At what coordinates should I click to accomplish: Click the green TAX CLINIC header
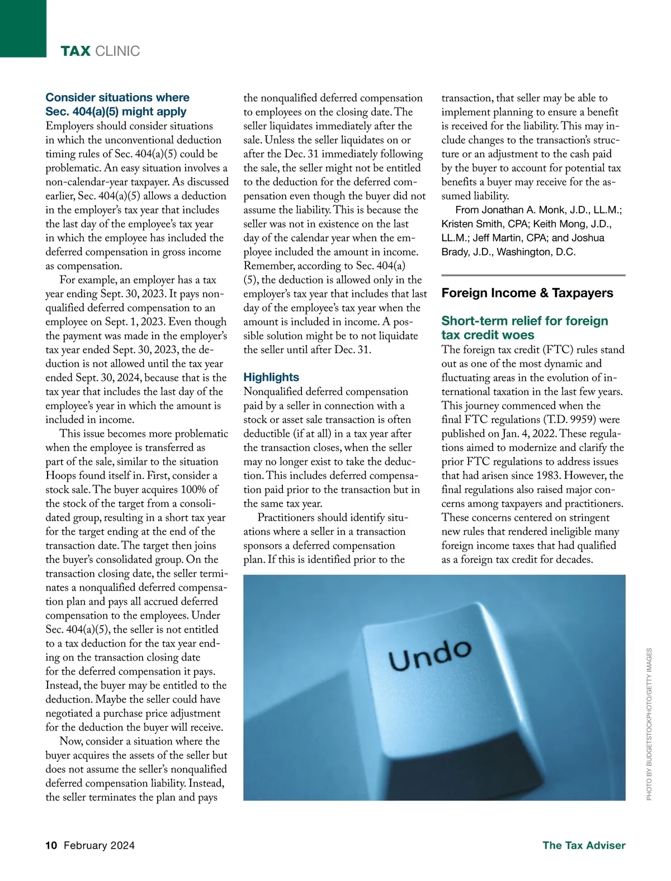(x=100, y=51)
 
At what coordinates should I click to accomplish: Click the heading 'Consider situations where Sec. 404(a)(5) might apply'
(x=117, y=105)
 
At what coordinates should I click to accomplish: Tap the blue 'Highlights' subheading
(x=271, y=377)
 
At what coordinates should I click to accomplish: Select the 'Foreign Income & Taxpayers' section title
(x=527, y=293)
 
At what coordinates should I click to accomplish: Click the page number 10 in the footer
(x=51, y=845)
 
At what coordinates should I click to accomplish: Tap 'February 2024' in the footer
(x=99, y=845)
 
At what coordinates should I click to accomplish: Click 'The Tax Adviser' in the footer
(x=584, y=845)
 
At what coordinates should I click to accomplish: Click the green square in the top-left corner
(x=23, y=28)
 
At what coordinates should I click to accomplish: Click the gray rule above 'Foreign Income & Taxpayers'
(x=533, y=275)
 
